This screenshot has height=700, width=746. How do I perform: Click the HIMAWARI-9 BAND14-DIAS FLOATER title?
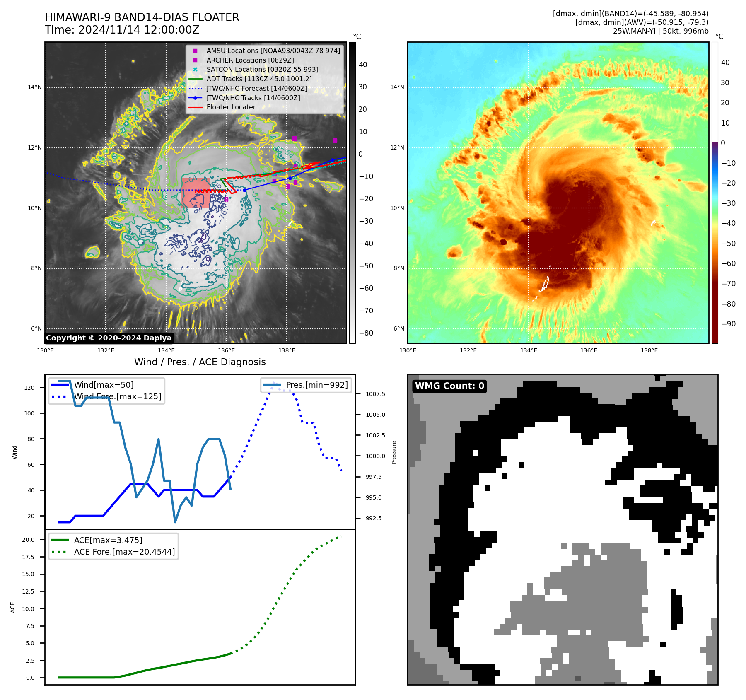(x=142, y=17)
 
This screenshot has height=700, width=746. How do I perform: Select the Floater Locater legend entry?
(x=231, y=107)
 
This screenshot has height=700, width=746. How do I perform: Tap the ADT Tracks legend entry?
(x=259, y=79)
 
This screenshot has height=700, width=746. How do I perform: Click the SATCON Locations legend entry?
(x=262, y=69)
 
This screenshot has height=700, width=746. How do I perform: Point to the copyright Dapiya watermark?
(x=109, y=338)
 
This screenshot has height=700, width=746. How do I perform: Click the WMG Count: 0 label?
(x=449, y=386)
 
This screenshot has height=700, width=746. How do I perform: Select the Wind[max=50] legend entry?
(x=104, y=385)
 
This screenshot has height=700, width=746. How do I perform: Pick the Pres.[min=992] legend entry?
(x=317, y=385)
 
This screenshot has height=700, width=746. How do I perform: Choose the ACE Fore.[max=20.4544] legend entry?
(x=124, y=552)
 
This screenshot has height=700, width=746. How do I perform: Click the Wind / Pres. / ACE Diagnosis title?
(x=200, y=362)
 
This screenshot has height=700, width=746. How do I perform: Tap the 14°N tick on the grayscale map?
(x=35, y=87)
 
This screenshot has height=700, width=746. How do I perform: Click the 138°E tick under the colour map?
(x=649, y=350)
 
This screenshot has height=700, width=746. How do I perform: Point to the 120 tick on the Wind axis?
(x=29, y=388)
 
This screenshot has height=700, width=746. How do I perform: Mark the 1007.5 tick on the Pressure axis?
(x=375, y=394)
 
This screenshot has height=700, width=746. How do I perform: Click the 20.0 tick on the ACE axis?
(x=28, y=540)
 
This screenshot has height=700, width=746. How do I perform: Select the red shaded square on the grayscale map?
(x=195, y=192)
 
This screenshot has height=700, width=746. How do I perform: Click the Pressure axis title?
(x=394, y=452)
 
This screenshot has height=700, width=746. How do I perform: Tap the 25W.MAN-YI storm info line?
(x=661, y=31)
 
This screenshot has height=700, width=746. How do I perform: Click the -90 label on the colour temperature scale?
(x=728, y=324)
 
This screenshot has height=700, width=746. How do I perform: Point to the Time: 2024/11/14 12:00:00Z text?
(x=122, y=30)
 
